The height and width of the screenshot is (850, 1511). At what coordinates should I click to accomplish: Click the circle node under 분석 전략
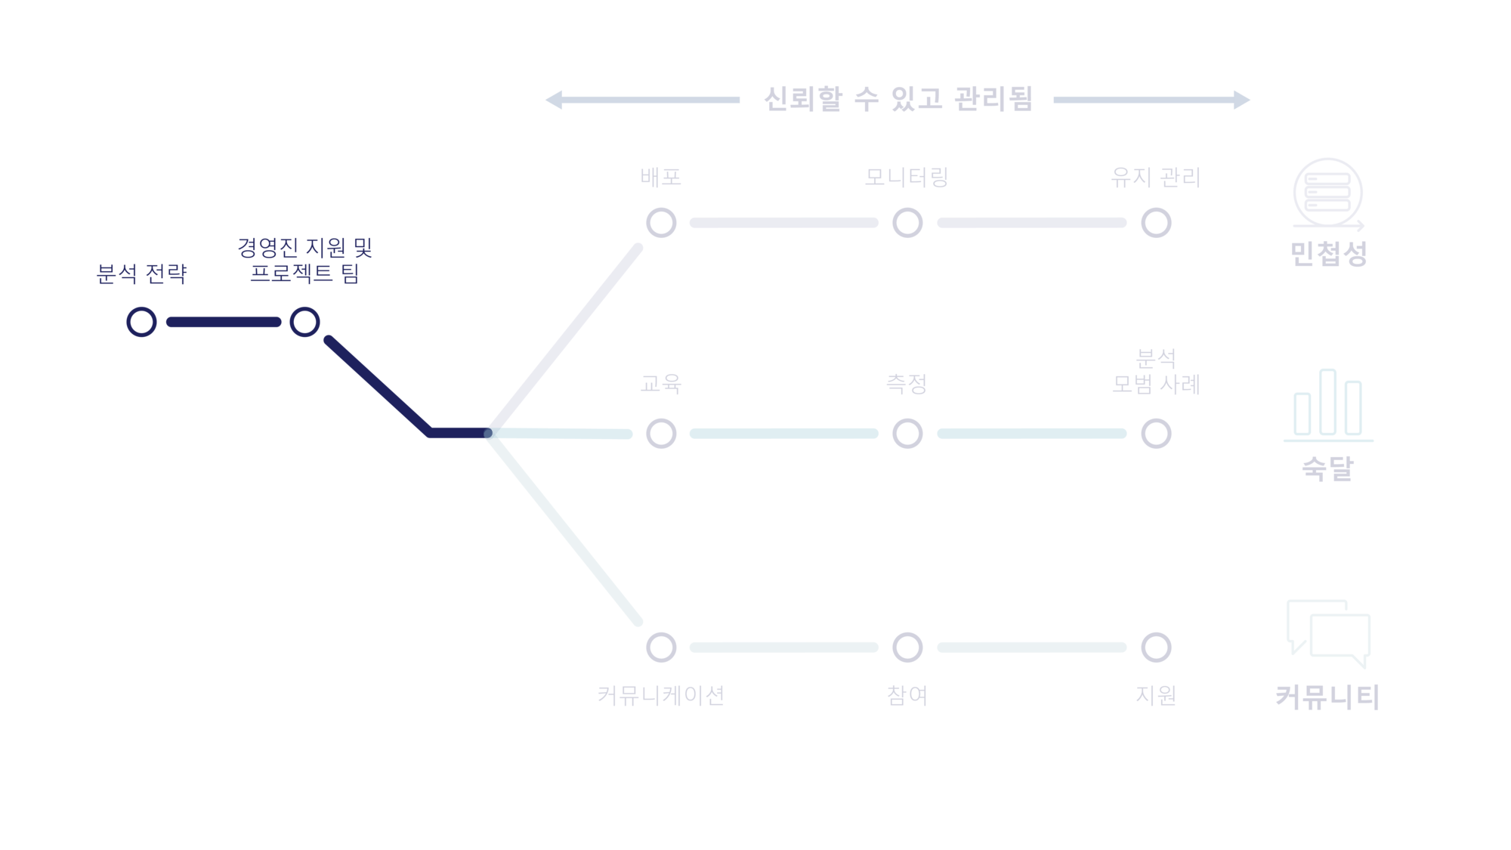coord(141,322)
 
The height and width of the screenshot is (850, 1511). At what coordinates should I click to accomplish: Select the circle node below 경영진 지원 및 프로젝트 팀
coord(304,322)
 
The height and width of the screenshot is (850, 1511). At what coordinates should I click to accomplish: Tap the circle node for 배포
coord(661,223)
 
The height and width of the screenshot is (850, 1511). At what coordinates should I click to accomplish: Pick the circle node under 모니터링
coord(907,223)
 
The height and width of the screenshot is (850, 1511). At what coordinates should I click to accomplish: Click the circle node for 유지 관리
coord(1156,223)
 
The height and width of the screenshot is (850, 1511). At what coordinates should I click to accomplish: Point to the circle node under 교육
coord(661,434)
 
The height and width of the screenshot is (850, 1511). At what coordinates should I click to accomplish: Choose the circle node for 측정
coord(907,434)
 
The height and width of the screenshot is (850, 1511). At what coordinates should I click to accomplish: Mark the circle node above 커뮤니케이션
coord(661,648)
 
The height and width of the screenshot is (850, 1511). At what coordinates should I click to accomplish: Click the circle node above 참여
coord(907,648)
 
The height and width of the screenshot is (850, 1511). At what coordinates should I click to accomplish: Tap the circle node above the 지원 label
coord(1156,648)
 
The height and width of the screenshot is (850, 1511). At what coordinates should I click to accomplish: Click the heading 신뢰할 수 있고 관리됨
coord(897,99)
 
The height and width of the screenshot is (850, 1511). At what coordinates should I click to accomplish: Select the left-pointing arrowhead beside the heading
coord(555,100)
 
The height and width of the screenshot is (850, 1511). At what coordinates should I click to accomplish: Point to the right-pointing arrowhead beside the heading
coord(1241,100)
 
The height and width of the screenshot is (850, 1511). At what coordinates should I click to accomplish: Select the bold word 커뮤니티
coord(1327,697)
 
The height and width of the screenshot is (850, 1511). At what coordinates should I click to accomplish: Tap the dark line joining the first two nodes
coord(223,322)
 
